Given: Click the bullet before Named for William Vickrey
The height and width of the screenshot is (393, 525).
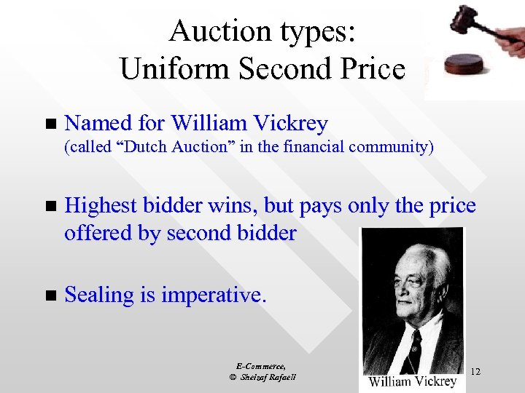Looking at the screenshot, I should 50,124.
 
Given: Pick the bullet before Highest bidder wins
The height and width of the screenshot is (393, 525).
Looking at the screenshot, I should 50,207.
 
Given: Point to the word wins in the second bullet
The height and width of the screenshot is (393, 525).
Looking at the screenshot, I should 229,206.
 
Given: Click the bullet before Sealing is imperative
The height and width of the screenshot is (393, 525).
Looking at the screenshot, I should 50,295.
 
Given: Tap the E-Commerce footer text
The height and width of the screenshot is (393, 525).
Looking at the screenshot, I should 261,366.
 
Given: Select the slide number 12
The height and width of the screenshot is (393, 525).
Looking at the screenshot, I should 475,372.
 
